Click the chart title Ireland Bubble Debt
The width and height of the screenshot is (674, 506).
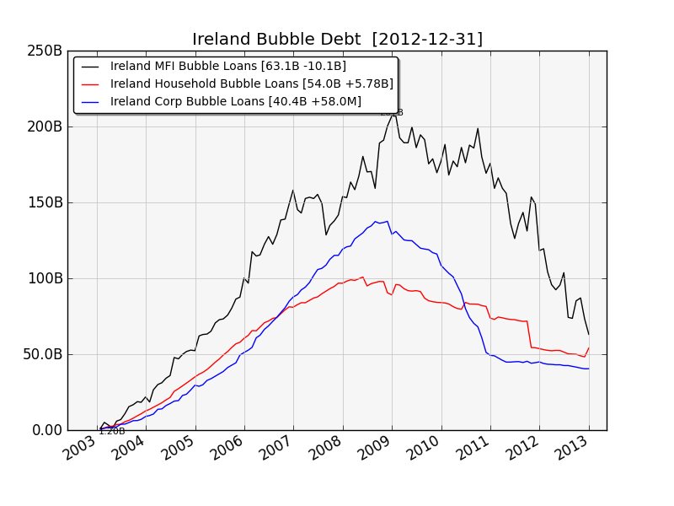point(337,40)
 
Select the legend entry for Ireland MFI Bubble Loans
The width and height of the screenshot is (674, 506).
point(227,67)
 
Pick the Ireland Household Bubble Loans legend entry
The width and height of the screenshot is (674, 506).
point(251,84)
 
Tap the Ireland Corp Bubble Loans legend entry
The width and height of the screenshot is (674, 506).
point(235,102)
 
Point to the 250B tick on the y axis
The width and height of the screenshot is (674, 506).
point(45,51)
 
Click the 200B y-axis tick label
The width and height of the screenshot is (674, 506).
point(45,126)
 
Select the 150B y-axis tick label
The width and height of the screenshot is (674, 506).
point(45,202)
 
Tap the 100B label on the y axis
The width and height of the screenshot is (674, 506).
point(45,278)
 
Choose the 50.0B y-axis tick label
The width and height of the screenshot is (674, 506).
point(42,354)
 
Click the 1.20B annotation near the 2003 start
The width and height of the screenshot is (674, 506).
point(111,432)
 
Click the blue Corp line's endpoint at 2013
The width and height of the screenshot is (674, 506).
point(589,369)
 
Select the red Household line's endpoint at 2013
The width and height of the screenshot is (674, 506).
point(589,347)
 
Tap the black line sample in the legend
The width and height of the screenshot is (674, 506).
point(91,67)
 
